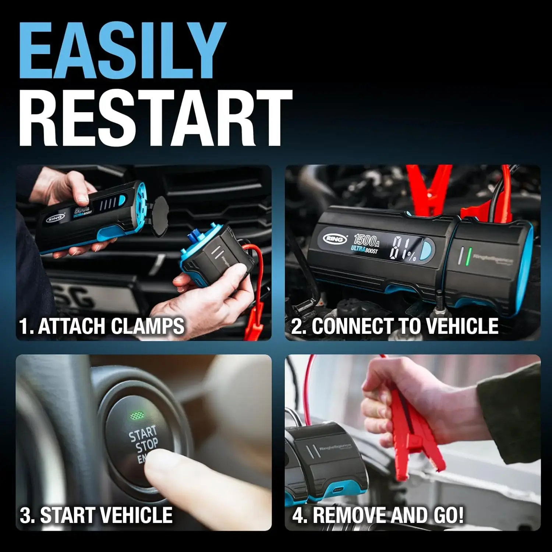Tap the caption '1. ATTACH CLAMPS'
pos(102,326)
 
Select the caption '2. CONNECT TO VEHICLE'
pos(394,326)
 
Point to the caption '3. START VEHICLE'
pos(96,515)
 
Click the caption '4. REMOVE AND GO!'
pos(378,515)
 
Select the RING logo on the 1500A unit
pos(335,239)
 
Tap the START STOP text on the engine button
pos(144,440)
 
